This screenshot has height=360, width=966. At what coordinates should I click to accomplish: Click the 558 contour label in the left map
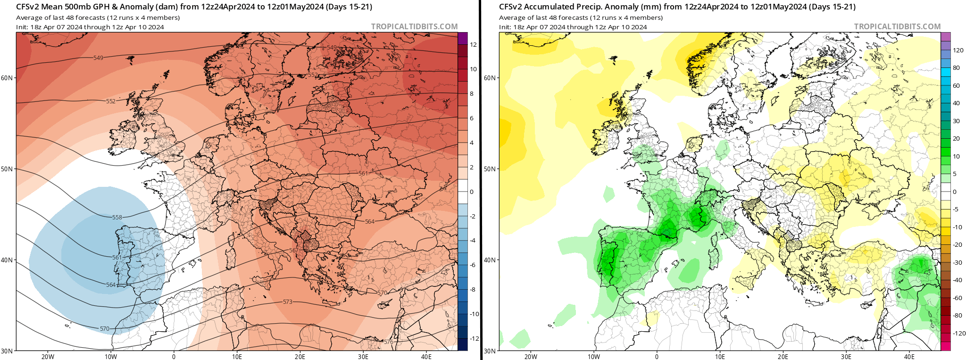[117, 218]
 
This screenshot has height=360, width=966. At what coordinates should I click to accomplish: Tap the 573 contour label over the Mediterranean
[287, 302]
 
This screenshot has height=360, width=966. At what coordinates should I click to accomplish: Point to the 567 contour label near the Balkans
[293, 251]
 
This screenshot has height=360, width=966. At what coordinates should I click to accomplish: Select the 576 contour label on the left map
[388, 342]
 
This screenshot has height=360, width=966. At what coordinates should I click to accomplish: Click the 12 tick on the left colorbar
[473, 45]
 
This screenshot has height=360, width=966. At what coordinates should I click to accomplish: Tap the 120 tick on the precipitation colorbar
[958, 50]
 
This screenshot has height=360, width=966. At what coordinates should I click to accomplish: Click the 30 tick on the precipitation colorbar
[956, 121]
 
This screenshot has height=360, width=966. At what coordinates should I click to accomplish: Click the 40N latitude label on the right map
[490, 260]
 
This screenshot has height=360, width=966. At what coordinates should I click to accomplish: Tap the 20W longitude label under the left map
[48, 357]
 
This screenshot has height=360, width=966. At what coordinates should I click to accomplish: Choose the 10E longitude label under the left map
[237, 357]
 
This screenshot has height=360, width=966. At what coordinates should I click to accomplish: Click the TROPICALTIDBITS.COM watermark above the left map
[414, 27]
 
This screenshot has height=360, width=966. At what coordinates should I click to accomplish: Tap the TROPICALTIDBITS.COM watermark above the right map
[897, 27]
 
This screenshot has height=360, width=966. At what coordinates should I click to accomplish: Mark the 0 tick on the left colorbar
[471, 192]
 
